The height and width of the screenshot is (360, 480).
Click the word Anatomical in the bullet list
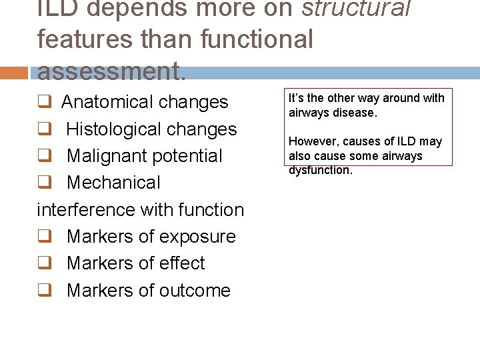click(107, 102)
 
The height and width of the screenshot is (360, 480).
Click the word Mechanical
click(113, 183)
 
